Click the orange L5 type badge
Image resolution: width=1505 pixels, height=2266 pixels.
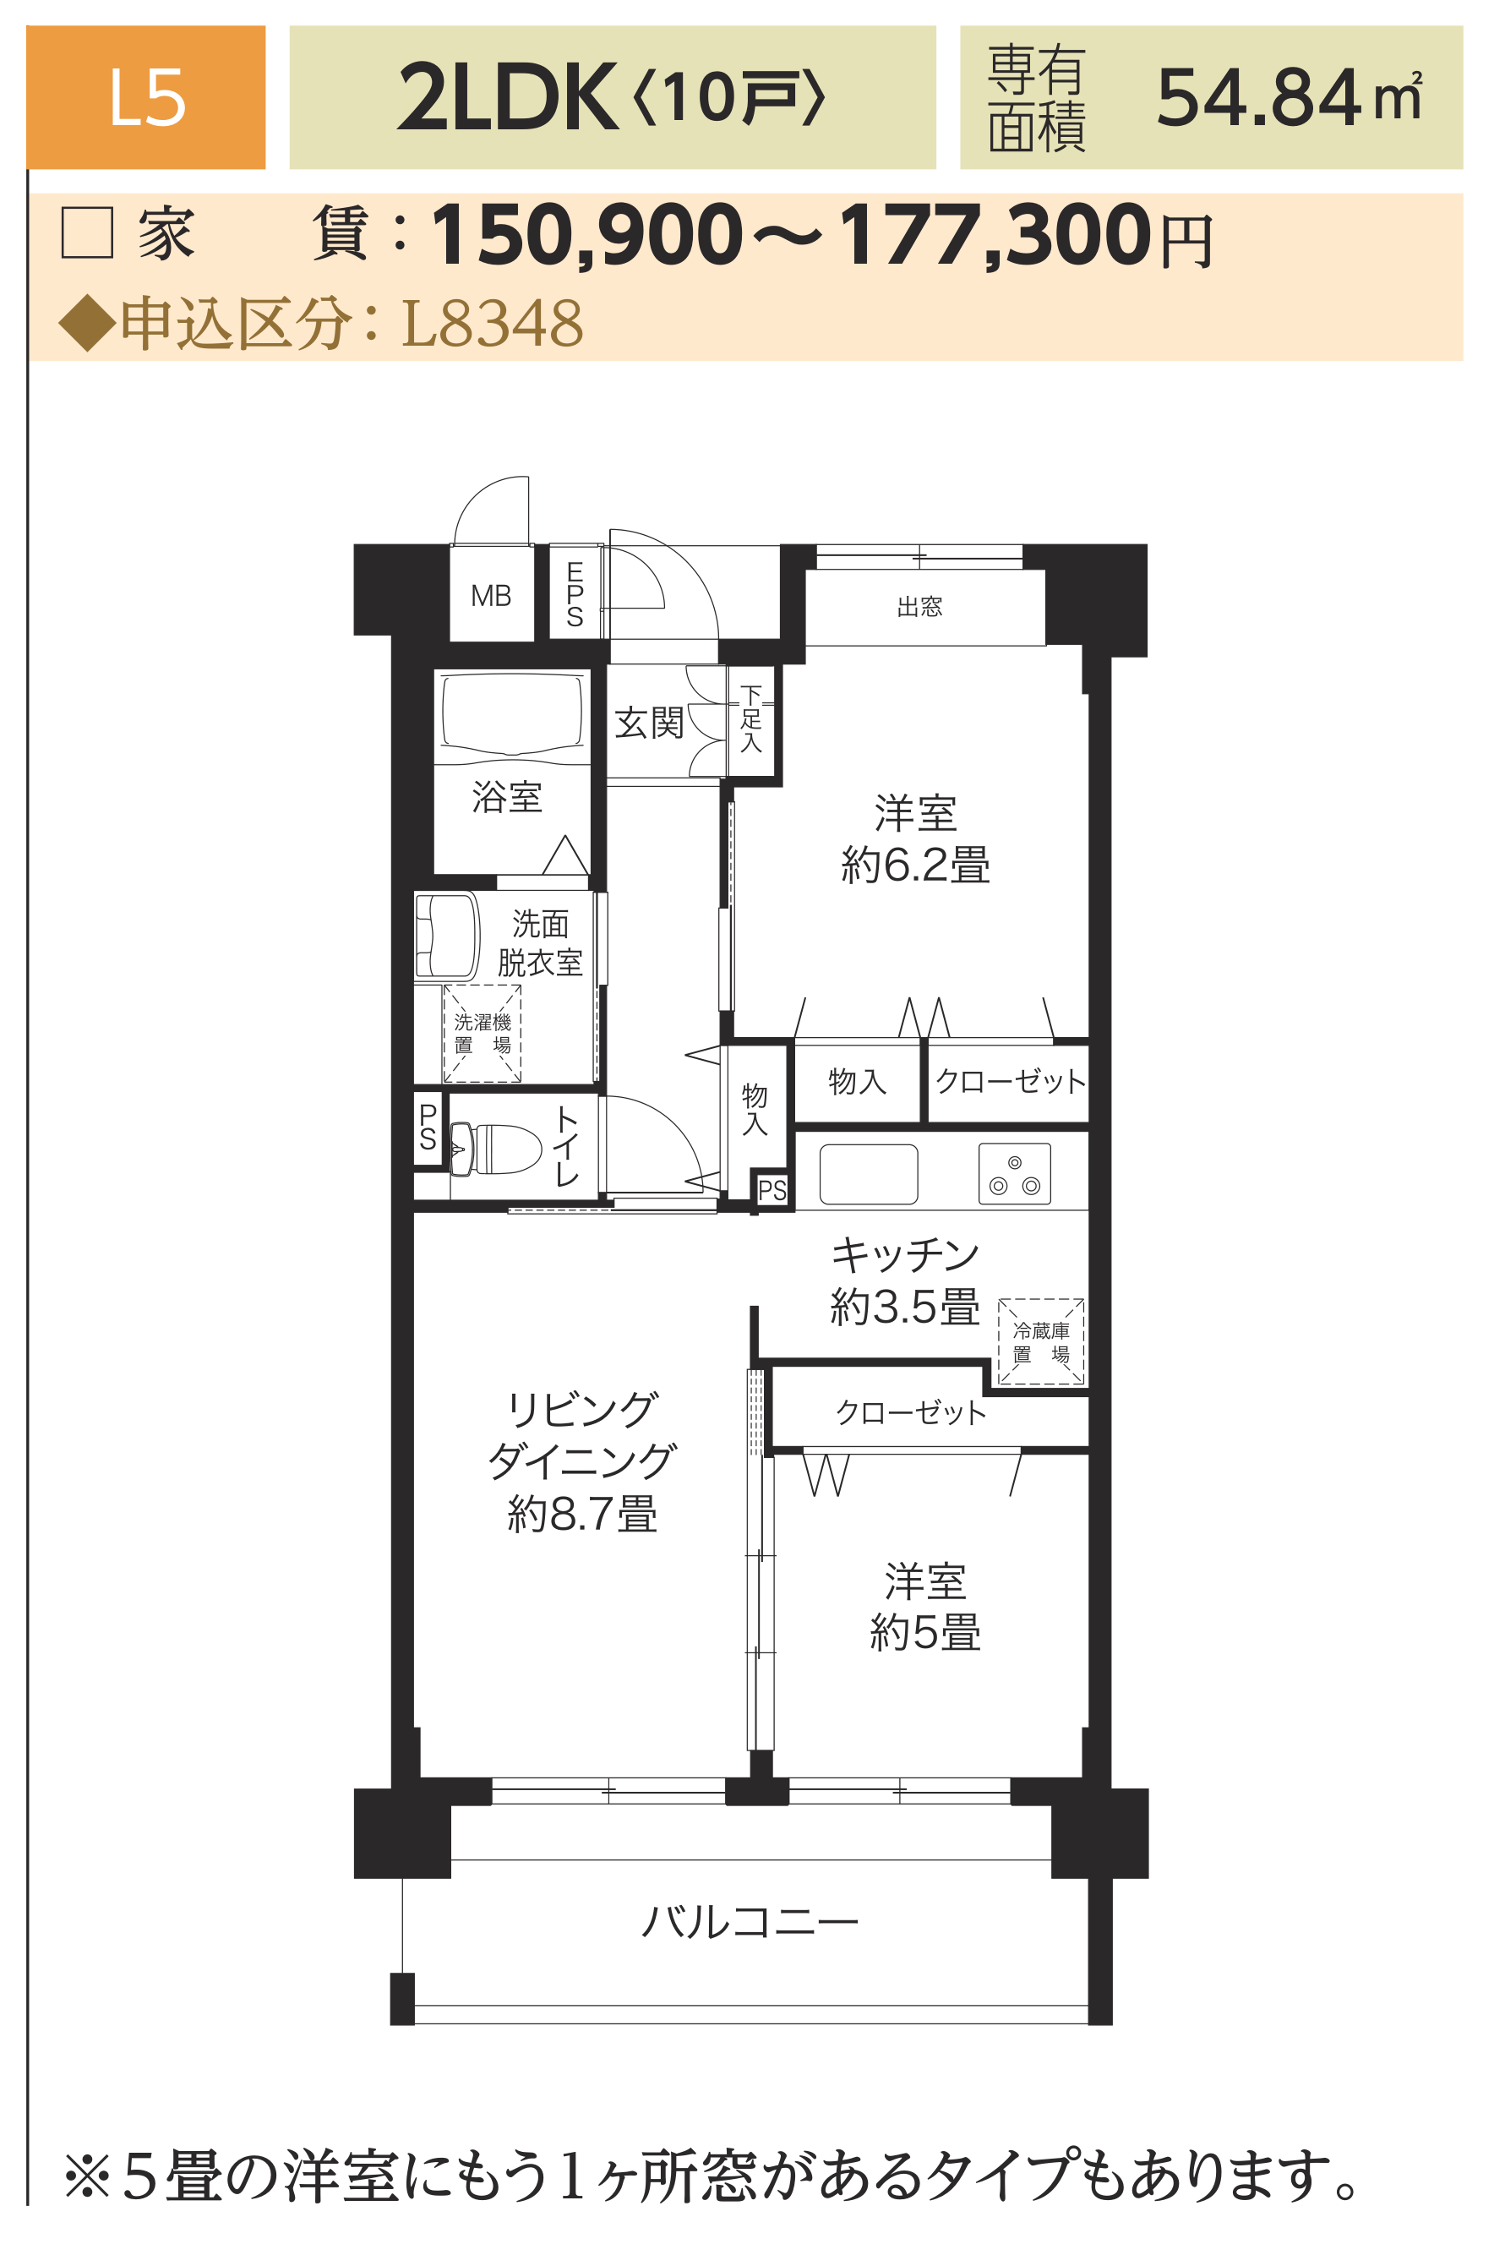(x=145, y=97)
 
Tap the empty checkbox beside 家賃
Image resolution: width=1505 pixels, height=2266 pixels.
(x=87, y=232)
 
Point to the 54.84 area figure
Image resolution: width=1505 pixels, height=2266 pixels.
(x=1258, y=97)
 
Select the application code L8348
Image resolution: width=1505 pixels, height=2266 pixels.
(x=493, y=323)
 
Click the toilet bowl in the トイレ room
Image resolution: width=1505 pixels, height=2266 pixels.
(x=497, y=1149)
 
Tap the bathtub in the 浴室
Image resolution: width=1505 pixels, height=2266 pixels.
(x=513, y=713)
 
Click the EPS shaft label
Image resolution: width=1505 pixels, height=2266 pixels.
(x=574, y=594)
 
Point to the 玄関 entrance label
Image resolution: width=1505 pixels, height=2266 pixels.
(x=649, y=723)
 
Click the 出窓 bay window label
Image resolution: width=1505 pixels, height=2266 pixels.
(x=919, y=606)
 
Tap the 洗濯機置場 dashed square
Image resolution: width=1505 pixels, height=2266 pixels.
(x=482, y=1033)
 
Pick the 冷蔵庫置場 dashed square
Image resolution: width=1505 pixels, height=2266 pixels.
(x=1041, y=1341)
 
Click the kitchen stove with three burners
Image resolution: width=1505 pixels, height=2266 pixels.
(x=1015, y=1174)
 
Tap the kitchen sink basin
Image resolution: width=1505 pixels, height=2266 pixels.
(x=869, y=1174)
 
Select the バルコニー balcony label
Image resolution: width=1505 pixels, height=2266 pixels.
(x=750, y=1922)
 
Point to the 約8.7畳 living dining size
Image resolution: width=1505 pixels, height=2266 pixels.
(x=581, y=1515)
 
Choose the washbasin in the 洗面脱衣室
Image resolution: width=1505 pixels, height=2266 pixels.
(x=446, y=936)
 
